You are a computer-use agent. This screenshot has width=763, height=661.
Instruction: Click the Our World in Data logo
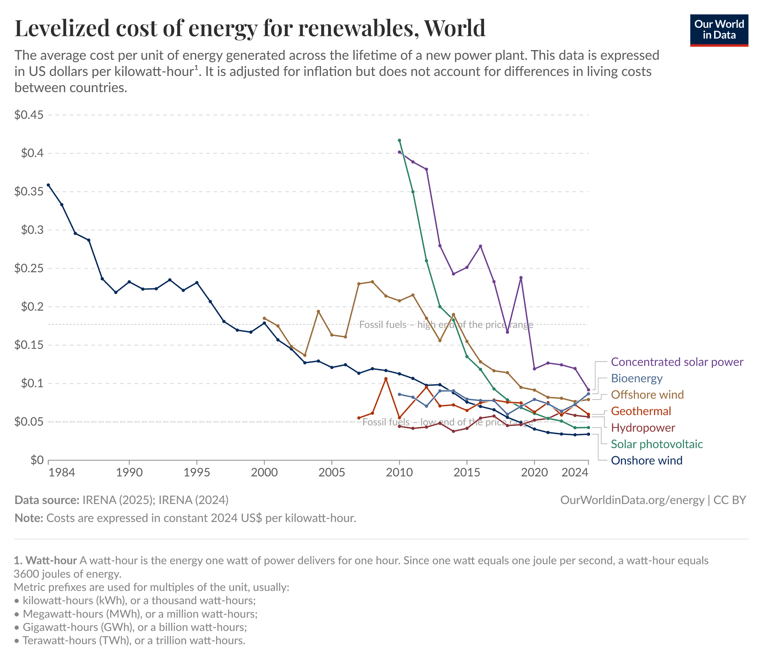[719, 30]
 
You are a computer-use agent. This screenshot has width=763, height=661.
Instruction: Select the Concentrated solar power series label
[677, 362]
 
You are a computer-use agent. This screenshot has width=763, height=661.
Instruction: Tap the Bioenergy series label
[637, 378]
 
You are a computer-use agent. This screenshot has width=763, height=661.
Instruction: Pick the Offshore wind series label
[647, 395]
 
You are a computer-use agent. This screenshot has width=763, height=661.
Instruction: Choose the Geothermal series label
[641, 411]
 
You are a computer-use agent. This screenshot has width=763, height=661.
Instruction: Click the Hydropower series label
[643, 428]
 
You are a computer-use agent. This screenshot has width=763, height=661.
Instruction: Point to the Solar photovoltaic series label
[656, 444]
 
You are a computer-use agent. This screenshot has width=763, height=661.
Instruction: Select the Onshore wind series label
[646, 461]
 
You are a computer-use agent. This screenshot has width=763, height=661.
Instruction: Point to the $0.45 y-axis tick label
[29, 115]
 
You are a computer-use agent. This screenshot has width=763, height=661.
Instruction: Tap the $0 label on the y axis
[37, 460]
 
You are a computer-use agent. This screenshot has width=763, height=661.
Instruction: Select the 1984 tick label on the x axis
[62, 472]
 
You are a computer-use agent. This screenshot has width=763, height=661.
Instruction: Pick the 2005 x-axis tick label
[331, 472]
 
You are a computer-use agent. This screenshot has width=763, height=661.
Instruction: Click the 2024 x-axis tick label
[575, 472]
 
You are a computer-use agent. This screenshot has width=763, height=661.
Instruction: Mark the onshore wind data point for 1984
[48, 185]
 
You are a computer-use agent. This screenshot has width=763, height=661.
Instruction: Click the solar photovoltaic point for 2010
[399, 140]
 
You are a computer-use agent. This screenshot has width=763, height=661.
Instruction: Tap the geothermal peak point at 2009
[386, 379]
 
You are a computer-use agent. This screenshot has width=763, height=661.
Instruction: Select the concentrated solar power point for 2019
[521, 278]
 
